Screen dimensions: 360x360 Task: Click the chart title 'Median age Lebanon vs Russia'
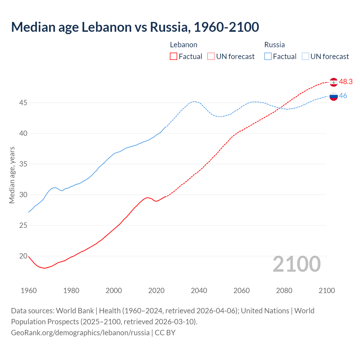[x=135, y=27]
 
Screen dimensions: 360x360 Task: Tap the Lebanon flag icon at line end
[x=334, y=82]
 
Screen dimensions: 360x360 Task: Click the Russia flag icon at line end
[x=334, y=96]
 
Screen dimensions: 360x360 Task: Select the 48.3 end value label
[x=346, y=82]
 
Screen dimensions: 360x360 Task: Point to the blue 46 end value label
[x=343, y=96]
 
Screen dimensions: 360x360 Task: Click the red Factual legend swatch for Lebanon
[x=174, y=57]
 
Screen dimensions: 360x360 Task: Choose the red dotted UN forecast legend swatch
[x=211, y=57]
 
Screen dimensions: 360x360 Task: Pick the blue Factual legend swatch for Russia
[x=268, y=57]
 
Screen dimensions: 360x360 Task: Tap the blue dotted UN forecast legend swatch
[x=305, y=57]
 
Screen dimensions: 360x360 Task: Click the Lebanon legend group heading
[x=184, y=45]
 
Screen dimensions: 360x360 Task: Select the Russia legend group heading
[x=274, y=45]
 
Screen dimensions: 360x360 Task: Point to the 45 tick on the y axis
[x=23, y=103]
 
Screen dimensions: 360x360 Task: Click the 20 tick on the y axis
[x=23, y=256]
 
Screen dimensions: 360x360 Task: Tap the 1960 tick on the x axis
[x=29, y=291]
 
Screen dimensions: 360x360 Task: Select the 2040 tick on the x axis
[x=199, y=291]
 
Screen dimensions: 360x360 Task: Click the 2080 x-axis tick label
[x=284, y=291]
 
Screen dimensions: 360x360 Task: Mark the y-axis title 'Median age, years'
[x=12, y=175]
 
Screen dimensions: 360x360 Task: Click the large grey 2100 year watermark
[x=297, y=264]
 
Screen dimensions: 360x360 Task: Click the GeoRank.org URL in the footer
[x=80, y=333]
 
